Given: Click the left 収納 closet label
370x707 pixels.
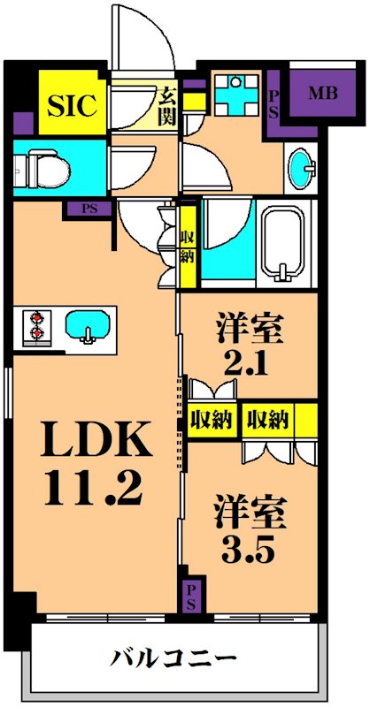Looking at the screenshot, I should pyautogui.click(x=211, y=419).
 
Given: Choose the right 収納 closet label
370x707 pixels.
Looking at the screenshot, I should pyautogui.click(x=268, y=419).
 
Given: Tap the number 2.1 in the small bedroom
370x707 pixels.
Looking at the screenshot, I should pyautogui.click(x=249, y=363).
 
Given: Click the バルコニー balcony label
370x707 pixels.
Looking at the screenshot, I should pyautogui.click(x=173, y=658).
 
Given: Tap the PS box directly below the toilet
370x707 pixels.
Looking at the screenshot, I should pyautogui.click(x=88, y=210).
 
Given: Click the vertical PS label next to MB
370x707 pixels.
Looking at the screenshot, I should pyautogui.click(x=274, y=103).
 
